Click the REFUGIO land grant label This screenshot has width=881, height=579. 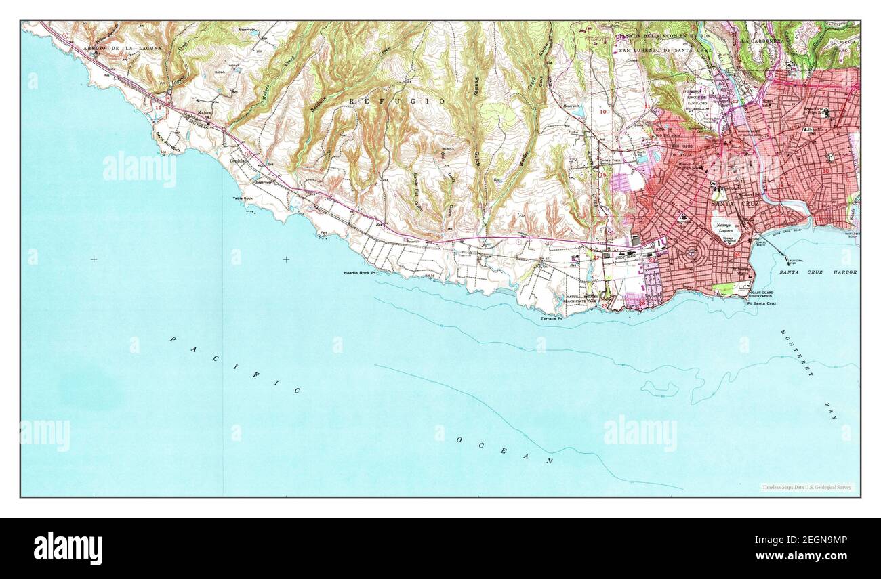397,101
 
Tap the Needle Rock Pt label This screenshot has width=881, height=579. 359,272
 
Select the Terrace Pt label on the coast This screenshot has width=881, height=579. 551,318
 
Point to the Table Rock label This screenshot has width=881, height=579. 243,198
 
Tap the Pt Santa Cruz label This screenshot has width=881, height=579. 762,303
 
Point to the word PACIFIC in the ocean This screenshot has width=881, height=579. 234,364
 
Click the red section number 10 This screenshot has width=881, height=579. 603,111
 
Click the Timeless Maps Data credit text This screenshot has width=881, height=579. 806,487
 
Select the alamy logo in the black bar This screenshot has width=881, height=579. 68,548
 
